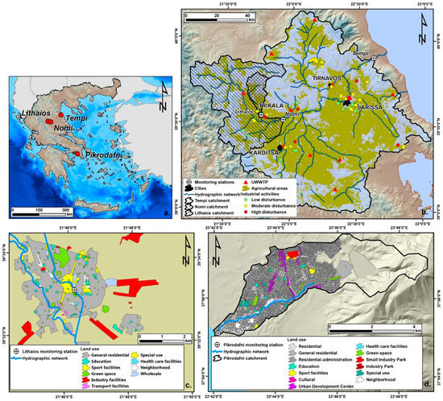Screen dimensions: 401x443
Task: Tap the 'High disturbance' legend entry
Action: pos(308,213)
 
